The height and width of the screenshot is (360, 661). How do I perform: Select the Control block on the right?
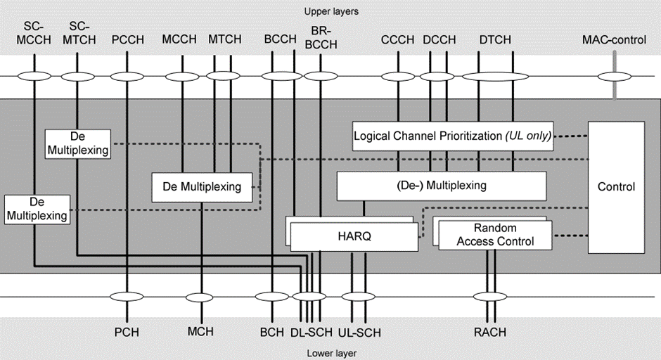pos(616,187)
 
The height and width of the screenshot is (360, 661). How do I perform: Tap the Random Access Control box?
pos(495,235)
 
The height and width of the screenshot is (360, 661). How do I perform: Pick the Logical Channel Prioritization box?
pos(453,136)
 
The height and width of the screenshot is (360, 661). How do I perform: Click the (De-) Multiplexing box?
pos(442,186)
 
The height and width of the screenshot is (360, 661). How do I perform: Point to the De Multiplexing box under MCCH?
pos(203,186)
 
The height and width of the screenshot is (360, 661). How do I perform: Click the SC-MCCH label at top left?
pos(32,34)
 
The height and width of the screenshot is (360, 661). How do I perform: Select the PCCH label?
pos(127,40)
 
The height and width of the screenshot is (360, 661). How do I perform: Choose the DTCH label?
pos(496,40)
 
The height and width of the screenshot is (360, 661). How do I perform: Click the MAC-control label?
pos(614,40)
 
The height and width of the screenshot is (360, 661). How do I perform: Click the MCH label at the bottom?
pos(200,332)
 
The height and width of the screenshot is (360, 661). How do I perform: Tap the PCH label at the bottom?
pos(127,332)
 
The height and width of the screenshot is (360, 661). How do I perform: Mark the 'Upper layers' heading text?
pos(331,12)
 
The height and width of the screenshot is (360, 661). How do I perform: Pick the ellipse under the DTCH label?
pos(495,77)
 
